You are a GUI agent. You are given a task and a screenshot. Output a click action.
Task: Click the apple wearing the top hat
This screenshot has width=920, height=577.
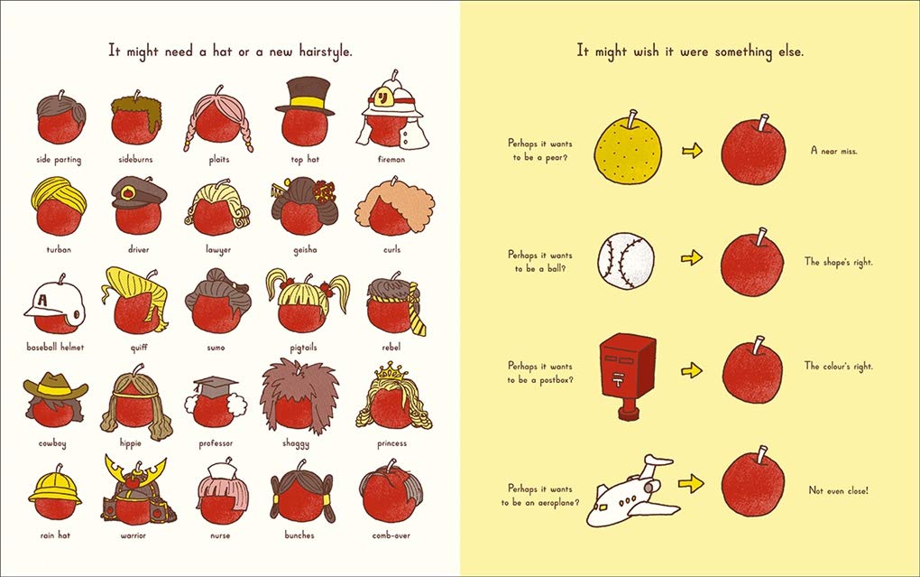[x=304, y=124]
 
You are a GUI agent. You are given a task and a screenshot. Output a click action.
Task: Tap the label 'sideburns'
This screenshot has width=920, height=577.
[x=136, y=160]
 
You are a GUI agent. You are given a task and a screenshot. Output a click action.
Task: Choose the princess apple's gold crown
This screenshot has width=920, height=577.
[x=390, y=371]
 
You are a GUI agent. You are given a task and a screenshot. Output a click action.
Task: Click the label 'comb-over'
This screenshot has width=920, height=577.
[x=391, y=535]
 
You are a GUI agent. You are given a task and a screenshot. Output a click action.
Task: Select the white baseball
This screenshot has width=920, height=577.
[x=626, y=259]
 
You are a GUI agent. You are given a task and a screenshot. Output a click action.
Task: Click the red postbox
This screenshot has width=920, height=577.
[x=626, y=372]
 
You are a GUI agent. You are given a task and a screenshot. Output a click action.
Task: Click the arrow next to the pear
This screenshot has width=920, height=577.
[x=693, y=150]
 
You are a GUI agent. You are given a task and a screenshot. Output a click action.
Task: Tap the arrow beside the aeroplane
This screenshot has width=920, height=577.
[x=692, y=485]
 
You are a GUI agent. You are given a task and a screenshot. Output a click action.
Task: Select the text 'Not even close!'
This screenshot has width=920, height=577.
[x=839, y=491]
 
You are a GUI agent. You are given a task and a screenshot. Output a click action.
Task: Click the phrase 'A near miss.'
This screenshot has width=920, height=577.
[x=833, y=151]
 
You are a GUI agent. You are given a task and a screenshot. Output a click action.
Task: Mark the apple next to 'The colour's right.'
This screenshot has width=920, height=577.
[x=753, y=370]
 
